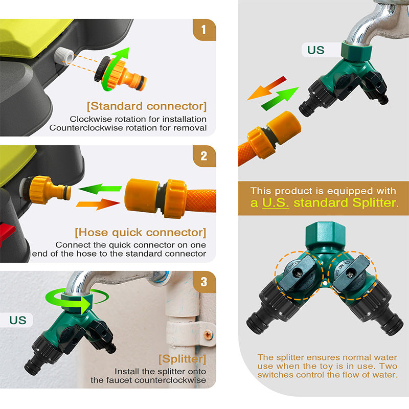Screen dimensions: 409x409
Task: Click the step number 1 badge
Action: coord(204,30)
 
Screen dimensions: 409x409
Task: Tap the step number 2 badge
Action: coord(204,156)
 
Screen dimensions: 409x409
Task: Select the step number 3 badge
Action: coord(204,282)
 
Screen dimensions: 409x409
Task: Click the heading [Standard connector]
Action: coord(147,106)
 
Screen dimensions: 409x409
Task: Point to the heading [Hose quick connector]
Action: coord(140,233)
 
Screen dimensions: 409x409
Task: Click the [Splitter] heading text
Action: coord(183,359)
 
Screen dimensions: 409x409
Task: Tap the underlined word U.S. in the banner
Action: coord(276,202)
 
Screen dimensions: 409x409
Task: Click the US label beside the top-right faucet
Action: coord(315,50)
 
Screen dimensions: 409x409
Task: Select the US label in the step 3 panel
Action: coord(18,320)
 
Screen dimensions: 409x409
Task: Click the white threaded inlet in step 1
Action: coord(64,57)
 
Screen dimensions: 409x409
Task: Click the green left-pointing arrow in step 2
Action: coord(100,189)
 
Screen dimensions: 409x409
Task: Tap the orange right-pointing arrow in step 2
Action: coord(98,203)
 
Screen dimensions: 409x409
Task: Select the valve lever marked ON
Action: coord(350,273)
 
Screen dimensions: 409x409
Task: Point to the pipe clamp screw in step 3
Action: coord(208,335)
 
